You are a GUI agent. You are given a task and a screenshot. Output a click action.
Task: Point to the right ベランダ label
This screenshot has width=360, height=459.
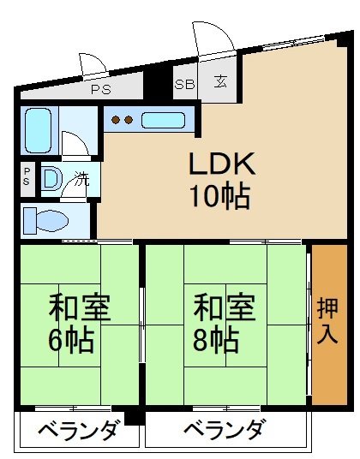225,430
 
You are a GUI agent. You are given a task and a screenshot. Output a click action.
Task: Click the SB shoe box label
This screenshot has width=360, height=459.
184,84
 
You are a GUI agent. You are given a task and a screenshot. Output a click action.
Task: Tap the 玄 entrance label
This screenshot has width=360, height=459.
221,83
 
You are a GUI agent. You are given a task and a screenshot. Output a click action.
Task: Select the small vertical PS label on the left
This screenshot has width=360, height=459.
27,176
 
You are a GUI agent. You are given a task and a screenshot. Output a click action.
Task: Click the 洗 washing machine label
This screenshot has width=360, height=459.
81,180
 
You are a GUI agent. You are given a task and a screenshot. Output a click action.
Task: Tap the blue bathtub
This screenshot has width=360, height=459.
39,128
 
